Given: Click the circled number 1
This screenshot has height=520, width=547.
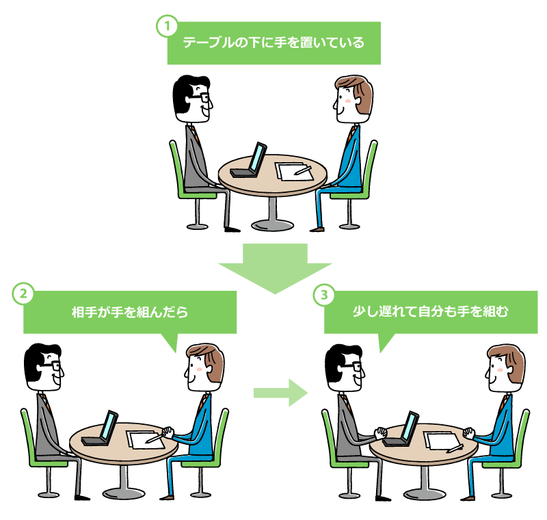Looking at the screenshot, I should click(x=166, y=26).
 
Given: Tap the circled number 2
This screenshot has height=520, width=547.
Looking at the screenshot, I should click(x=23, y=294).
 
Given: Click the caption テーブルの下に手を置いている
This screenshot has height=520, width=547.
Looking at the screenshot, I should click(x=273, y=42).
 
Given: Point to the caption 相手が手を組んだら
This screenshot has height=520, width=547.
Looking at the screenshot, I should click(x=129, y=312).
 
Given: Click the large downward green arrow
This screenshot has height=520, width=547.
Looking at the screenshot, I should click(x=274, y=267).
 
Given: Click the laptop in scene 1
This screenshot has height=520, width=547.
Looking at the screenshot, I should click(x=250, y=161).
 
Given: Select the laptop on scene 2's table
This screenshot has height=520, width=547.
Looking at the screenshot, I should click(x=102, y=429).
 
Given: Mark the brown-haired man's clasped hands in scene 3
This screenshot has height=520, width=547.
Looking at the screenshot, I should click(x=468, y=433).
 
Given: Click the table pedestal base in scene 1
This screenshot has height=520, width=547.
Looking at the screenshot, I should click(x=273, y=224).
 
